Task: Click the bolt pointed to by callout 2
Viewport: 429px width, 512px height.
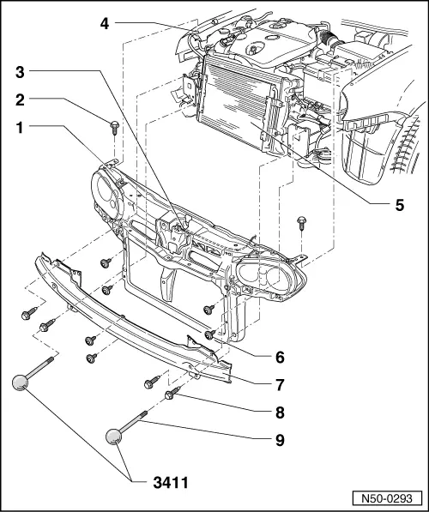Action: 113,130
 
